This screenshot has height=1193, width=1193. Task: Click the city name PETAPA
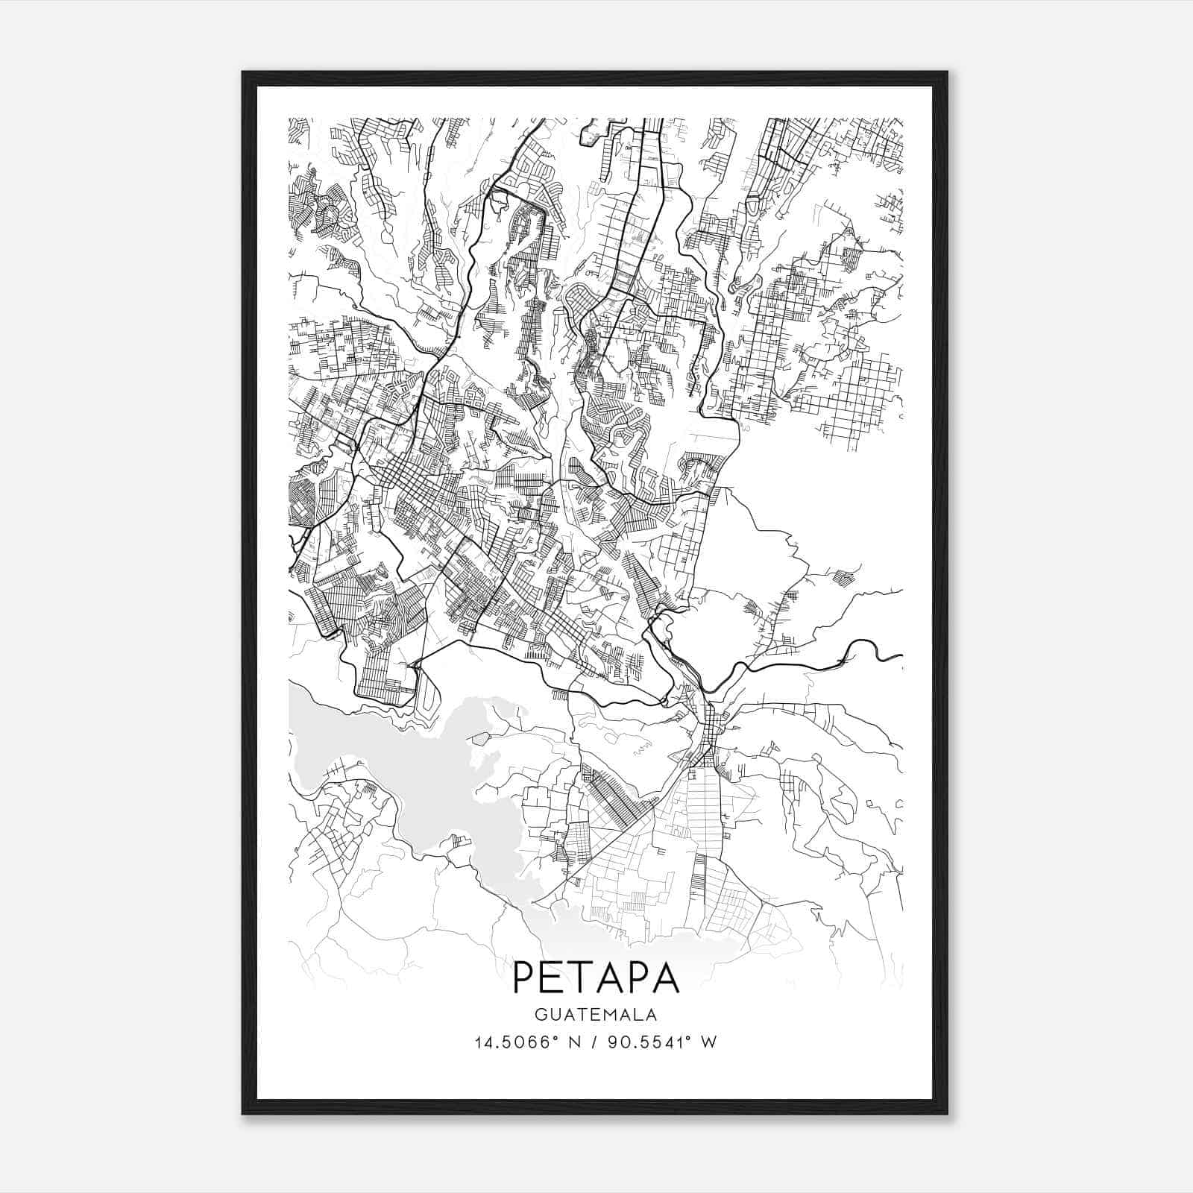pos(596,978)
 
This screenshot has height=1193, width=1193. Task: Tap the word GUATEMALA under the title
pos(596,1016)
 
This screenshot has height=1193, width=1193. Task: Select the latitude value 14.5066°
pos(515,1042)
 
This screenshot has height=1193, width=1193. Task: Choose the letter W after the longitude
pos(710,1042)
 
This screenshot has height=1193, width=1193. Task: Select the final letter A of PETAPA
pos(668,978)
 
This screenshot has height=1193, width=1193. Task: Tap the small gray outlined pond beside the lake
pos(480,738)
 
